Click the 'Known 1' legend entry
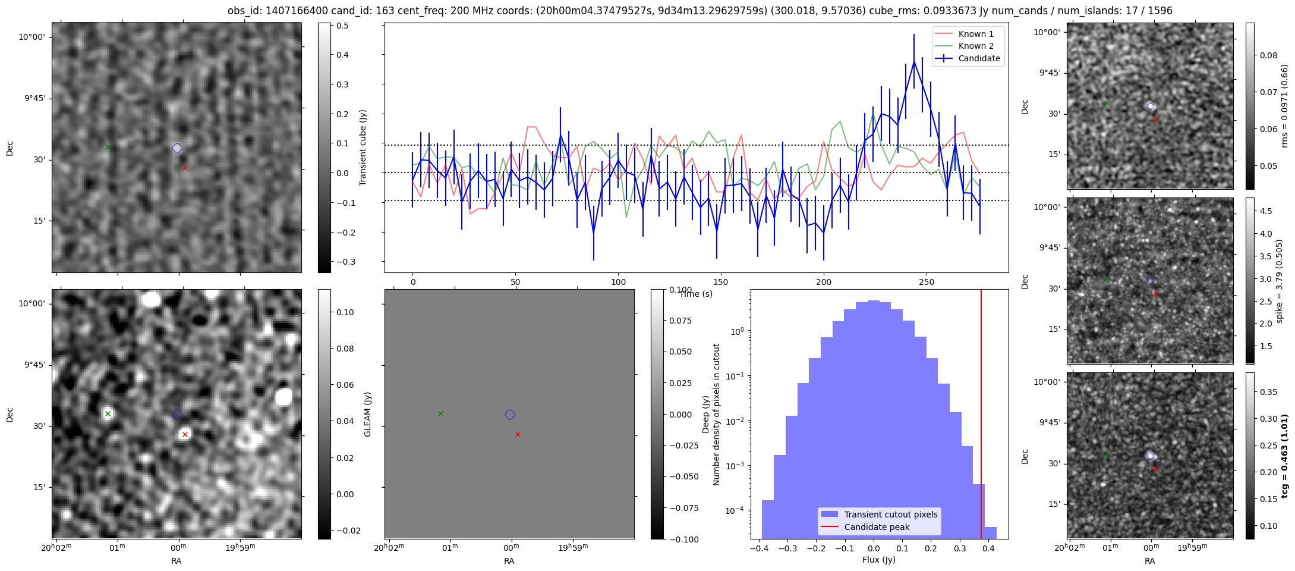tap(975, 34)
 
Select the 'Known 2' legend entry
tap(975, 46)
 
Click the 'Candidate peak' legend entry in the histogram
tap(877, 527)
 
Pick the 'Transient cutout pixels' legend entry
tap(890, 514)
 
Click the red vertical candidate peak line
tap(981, 416)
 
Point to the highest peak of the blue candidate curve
tap(914, 61)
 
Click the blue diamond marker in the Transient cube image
tap(177, 148)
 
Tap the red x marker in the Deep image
tap(185, 434)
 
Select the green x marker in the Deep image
tap(108, 413)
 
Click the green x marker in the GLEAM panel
tap(440, 413)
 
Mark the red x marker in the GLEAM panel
tap(518, 434)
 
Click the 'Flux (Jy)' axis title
tap(878, 560)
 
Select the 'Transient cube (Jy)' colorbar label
tap(363, 148)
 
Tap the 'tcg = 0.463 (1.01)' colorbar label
tap(1284, 456)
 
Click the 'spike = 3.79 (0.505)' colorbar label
tap(1279, 281)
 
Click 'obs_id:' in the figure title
tap(244, 11)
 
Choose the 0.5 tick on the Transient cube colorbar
tap(342, 26)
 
